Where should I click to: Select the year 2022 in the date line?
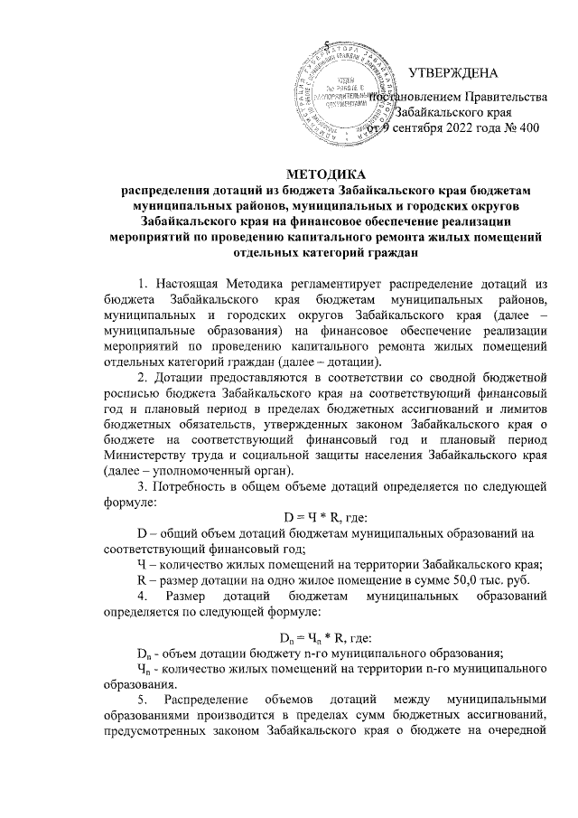[462, 129]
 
